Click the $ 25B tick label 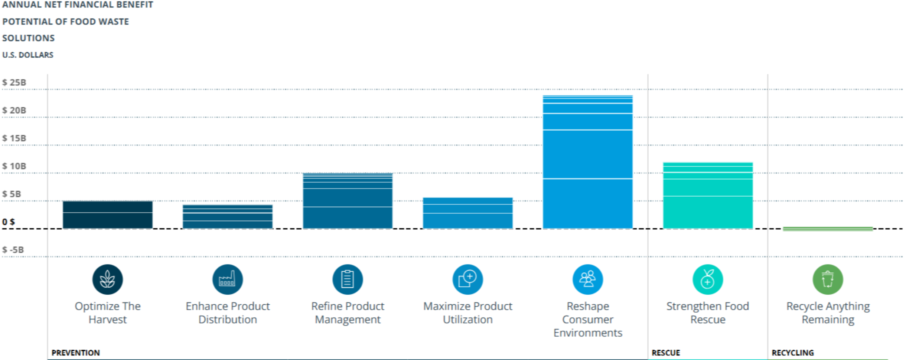pyautogui.click(x=14, y=82)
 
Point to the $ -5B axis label pyautogui.click(x=13, y=250)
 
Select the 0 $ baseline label pyautogui.click(x=9, y=222)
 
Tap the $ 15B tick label pyautogui.click(x=14, y=138)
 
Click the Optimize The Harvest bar pyautogui.click(x=108, y=215)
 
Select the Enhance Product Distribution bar pyautogui.click(x=228, y=217)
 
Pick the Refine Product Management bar pyautogui.click(x=348, y=201)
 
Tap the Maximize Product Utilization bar pyautogui.click(x=468, y=213)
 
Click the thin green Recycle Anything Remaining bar pyautogui.click(x=828, y=229)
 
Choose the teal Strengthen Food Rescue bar pyautogui.click(x=708, y=196)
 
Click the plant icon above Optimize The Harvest pyautogui.click(x=108, y=279)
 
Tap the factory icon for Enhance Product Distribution pyautogui.click(x=228, y=279)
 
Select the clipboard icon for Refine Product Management pyautogui.click(x=348, y=279)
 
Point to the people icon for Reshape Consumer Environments pyautogui.click(x=588, y=279)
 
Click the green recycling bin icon pyautogui.click(x=828, y=279)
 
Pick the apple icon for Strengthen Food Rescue pyautogui.click(x=708, y=279)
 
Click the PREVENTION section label pyautogui.click(x=76, y=353)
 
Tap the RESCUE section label pyautogui.click(x=666, y=353)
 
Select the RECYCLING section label pyautogui.click(x=793, y=353)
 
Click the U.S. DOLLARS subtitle pyautogui.click(x=28, y=55)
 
